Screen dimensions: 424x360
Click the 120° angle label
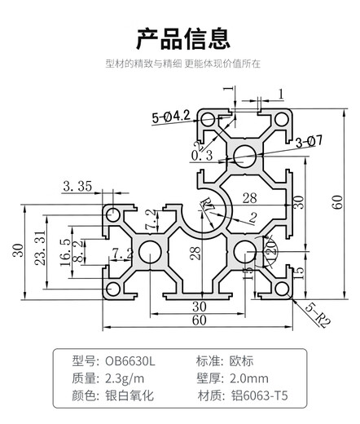coord(266,245)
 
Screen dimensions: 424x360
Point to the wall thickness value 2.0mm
coord(248,379)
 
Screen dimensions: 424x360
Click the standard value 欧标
coord(236,360)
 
